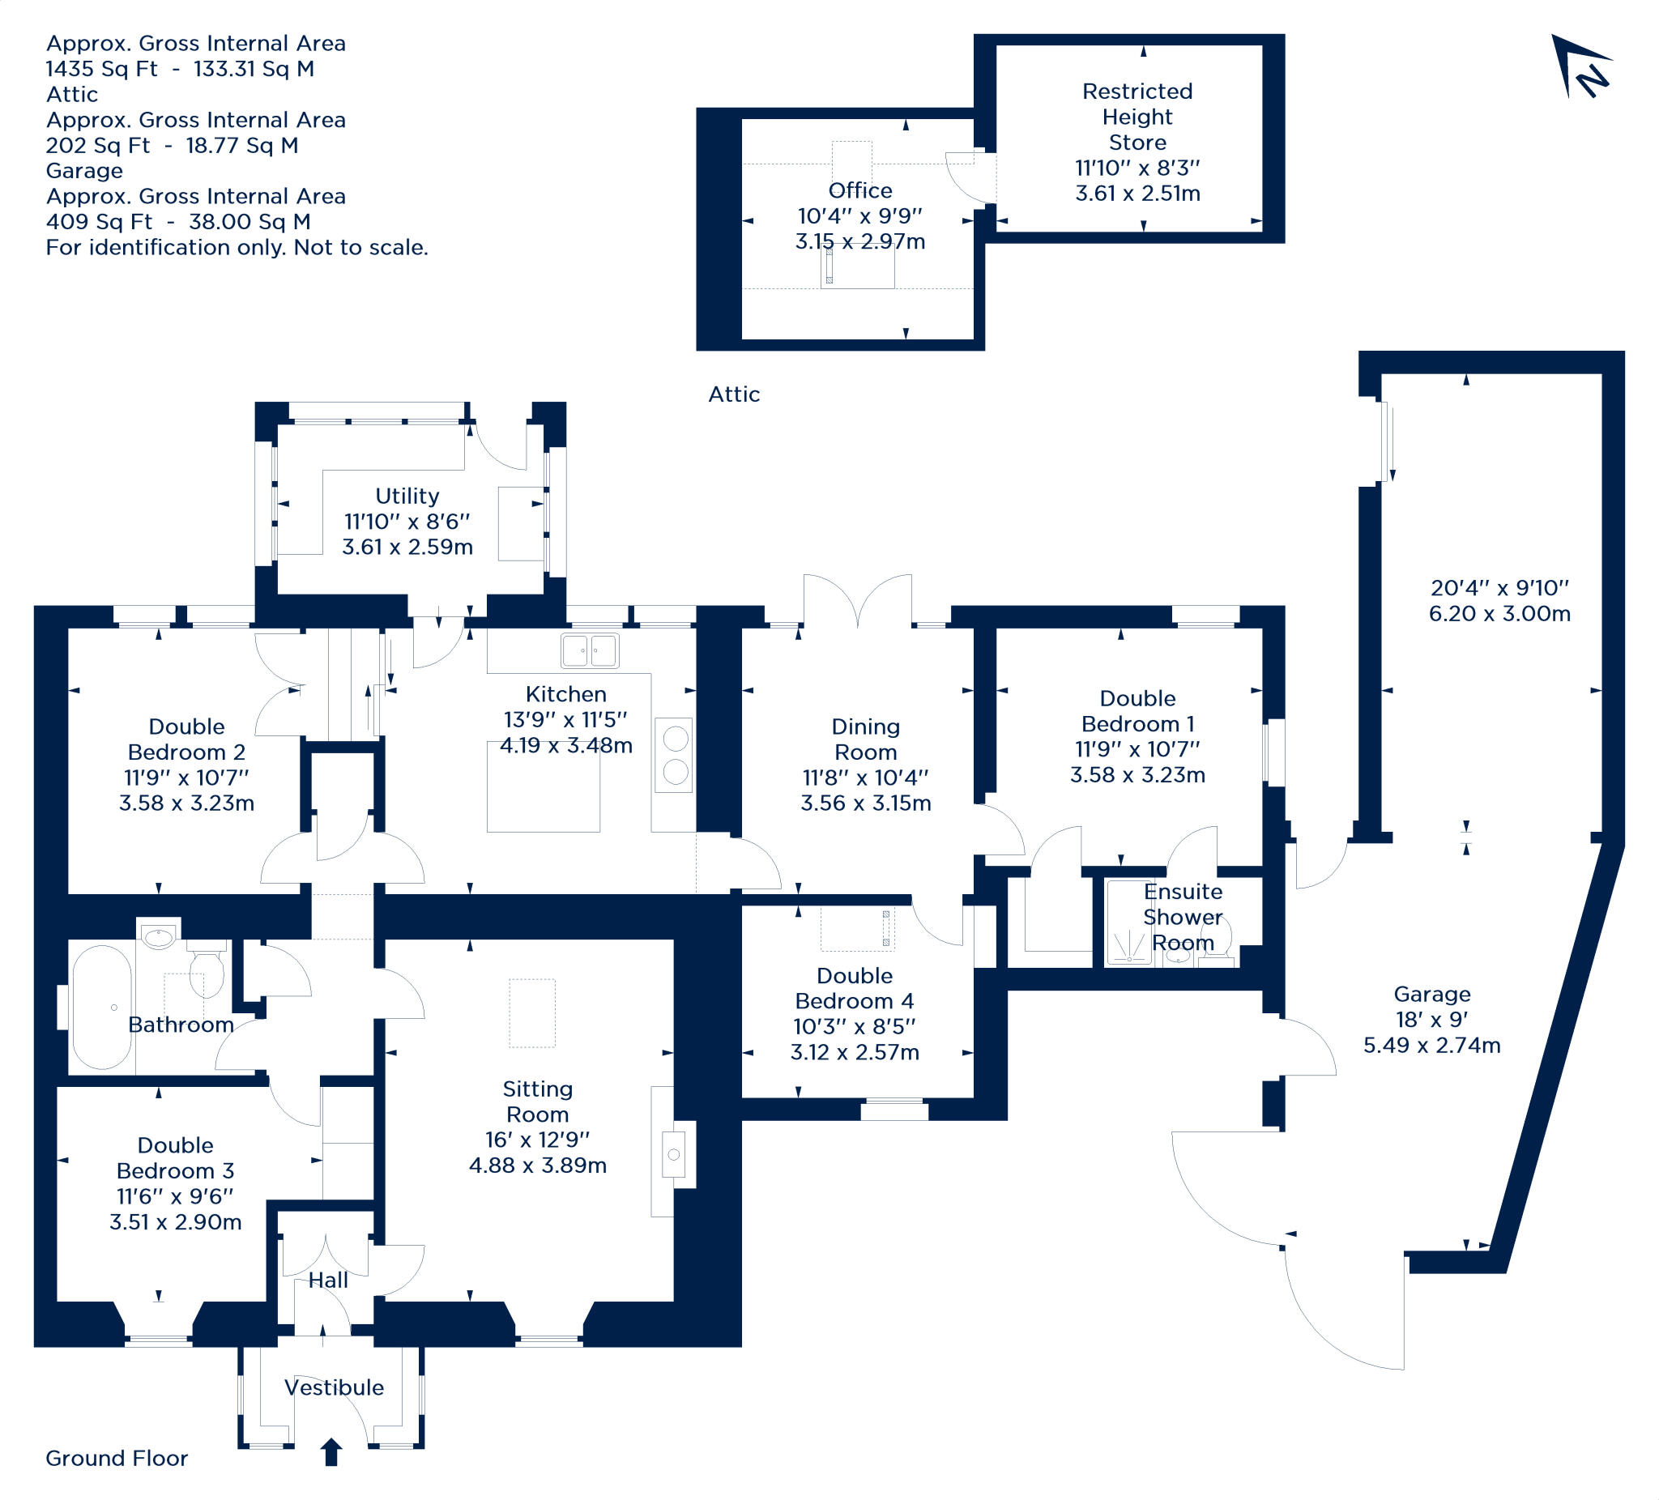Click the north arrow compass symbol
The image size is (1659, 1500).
click(x=1580, y=67)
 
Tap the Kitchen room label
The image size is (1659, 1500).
click(x=566, y=694)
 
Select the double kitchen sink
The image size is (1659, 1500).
click(x=589, y=650)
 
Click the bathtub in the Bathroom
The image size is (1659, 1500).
click(x=102, y=1007)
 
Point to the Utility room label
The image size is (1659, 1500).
click(x=407, y=496)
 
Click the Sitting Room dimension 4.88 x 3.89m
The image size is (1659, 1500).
click(x=537, y=1165)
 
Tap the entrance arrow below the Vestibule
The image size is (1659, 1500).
click(x=331, y=1452)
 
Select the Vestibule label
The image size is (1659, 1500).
click(x=334, y=1388)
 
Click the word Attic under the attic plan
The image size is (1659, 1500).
click(x=733, y=395)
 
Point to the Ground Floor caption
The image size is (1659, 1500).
click(x=116, y=1459)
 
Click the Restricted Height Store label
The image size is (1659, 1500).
click(x=1137, y=117)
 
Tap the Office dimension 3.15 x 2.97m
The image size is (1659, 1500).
click(x=860, y=242)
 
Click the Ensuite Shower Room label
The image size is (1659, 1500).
click(x=1183, y=917)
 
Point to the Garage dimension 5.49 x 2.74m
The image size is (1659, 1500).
click(x=1432, y=1046)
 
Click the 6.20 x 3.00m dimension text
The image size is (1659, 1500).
click(x=1499, y=614)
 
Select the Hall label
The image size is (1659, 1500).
click(x=328, y=1281)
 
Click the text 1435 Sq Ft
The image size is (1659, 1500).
click(x=101, y=69)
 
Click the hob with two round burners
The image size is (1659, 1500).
click(x=674, y=756)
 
